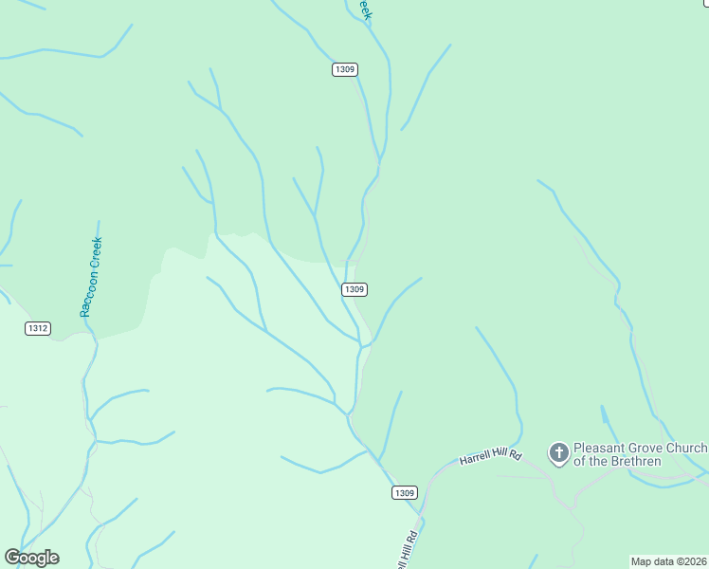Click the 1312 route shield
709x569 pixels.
38,328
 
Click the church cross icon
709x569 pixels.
559,453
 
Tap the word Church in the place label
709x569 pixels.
687,448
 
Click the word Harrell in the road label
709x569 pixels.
478,459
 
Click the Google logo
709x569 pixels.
31,558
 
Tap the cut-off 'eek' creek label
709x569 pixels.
364,9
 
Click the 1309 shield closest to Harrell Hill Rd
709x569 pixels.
404,492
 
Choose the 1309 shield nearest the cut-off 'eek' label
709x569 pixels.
345,70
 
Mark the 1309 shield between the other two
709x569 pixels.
354,289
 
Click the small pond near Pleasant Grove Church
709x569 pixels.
604,415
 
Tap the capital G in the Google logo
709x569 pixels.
12,558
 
